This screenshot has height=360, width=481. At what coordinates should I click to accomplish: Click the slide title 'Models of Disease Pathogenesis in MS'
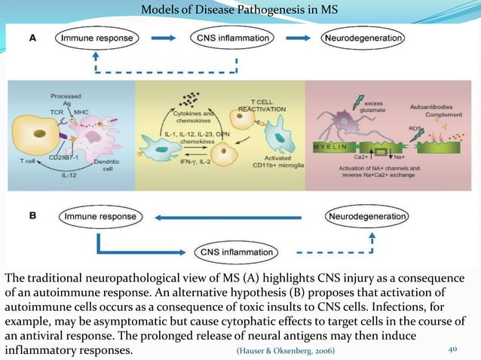(240, 10)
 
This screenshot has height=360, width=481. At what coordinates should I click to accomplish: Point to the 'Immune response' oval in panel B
(100, 217)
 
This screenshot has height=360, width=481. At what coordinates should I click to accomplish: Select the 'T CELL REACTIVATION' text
(257, 104)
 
